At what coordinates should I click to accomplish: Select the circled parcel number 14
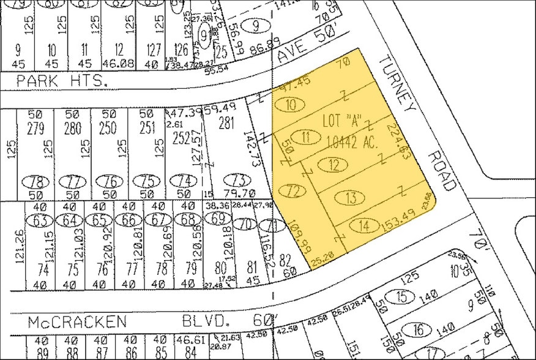pos(365,226)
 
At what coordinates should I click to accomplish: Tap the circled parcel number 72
pos(294,191)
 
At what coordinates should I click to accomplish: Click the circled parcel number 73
pos(237,180)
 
